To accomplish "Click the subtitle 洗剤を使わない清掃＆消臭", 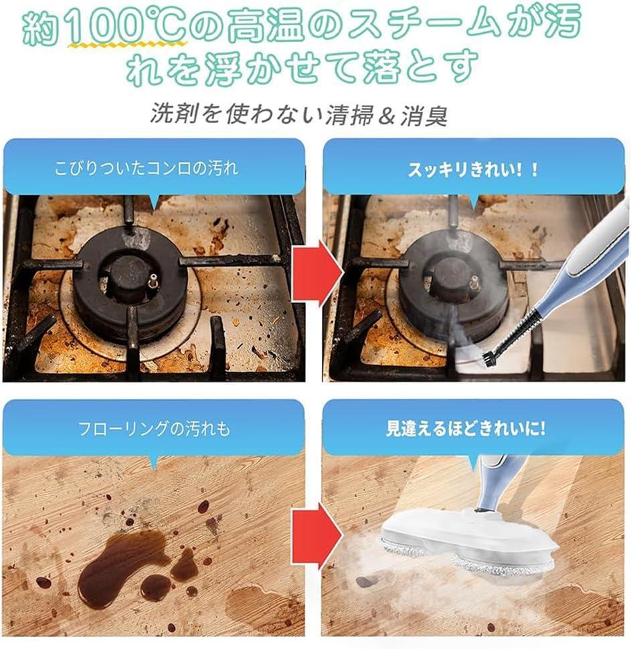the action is point(298,114).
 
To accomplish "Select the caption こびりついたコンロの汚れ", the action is point(146,168).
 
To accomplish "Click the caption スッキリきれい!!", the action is point(473,170).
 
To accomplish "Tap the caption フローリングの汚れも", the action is point(154,428).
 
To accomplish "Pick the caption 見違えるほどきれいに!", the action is point(466,428).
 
